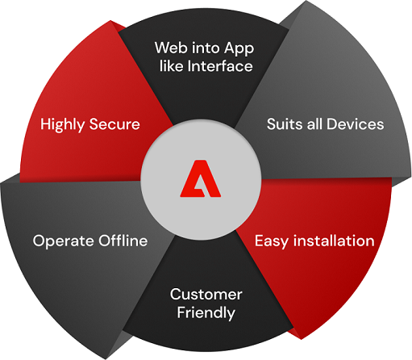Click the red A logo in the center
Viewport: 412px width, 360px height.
pos(201,178)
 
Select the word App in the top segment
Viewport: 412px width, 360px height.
pos(239,49)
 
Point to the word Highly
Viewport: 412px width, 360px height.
pos(62,125)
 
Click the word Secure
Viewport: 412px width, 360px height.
pos(114,124)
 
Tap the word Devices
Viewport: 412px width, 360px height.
pos(355,124)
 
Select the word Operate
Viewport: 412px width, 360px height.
pos(64,241)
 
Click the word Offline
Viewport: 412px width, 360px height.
pos(123,241)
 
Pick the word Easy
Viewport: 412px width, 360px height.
pos(272,241)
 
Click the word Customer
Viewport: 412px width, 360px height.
pos(206,295)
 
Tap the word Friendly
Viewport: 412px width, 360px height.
pos(206,313)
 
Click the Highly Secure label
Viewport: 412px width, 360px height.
pos(90,125)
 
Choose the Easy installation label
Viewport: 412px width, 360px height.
pos(314,241)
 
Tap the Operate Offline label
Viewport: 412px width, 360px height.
pos(90,241)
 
